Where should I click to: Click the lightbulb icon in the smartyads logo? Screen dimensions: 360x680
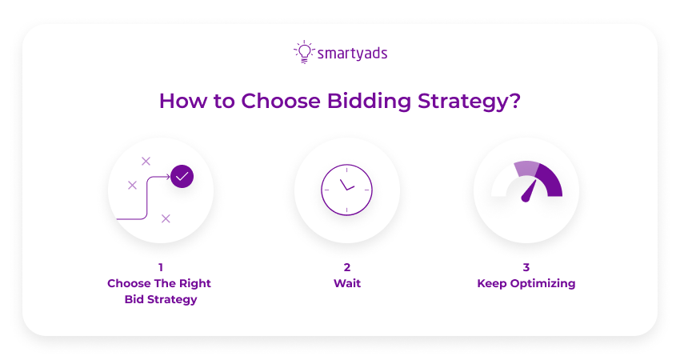coord(303,52)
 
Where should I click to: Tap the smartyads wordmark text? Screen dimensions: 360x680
coord(352,54)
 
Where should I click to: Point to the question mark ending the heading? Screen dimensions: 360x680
coord(515,102)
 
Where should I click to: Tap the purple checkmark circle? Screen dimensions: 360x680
coord(182,176)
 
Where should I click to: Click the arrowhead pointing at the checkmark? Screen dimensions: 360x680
coord(167,177)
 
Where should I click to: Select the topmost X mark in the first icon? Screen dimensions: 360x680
coord(146,161)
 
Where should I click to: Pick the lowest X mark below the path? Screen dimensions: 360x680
coord(166,218)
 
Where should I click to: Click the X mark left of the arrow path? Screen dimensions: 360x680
coord(132,185)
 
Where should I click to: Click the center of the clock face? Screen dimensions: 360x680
coord(347,190)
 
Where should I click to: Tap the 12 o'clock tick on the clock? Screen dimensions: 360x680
coord(347,170)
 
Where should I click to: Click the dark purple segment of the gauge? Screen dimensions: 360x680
coord(550,181)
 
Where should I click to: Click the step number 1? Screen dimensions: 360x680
coord(160,267)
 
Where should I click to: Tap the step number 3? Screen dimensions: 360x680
coord(526,267)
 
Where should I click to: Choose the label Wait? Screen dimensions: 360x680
coord(347,283)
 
